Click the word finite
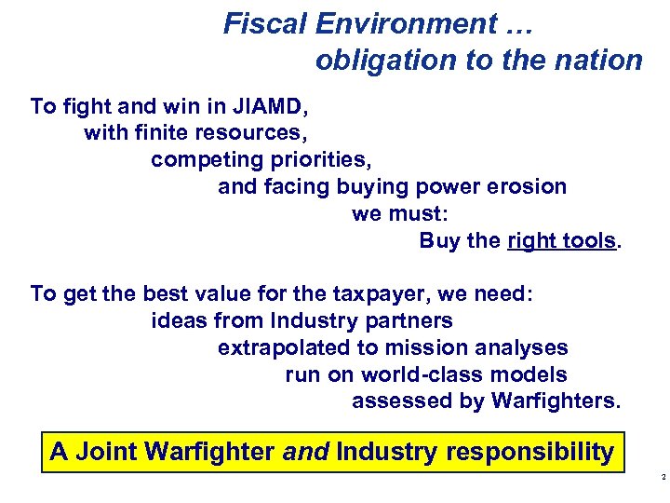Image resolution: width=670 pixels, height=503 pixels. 167,133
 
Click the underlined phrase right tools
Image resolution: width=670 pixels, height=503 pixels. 562,240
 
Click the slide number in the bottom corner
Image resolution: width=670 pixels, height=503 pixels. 662,477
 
